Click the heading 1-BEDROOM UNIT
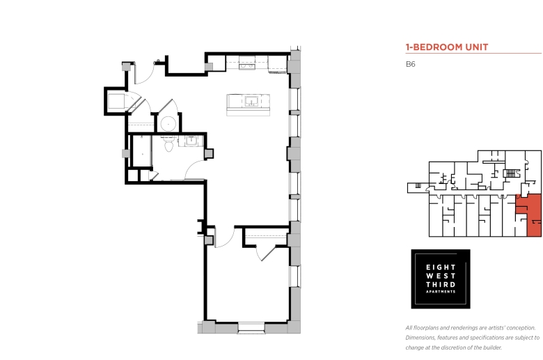click(447, 47)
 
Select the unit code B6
click(410, 64)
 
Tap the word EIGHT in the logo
click(441, 267)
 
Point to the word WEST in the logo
click(441, 276)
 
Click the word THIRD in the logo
click(441, 285)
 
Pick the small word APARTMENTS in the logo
click(441, 292)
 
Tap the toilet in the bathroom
click(168, 144)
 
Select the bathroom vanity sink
click(191, 141)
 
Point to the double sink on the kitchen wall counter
click(246, 66)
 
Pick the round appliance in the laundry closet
click(168, 124)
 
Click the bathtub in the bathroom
click(142, 151)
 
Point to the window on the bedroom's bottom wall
click(251, 327)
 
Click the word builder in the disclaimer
click(493, 347)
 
